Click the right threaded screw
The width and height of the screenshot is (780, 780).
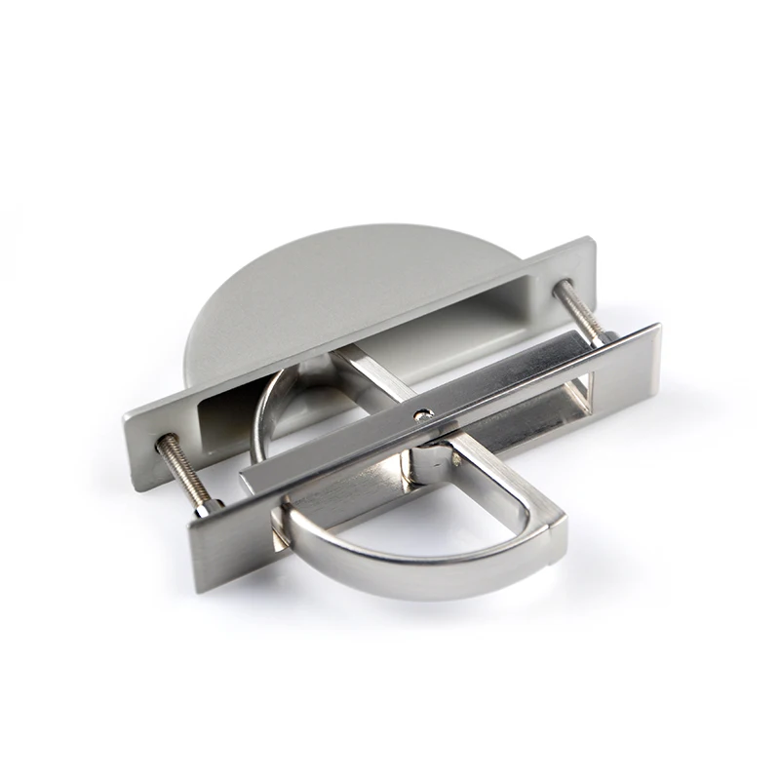coord(582,310)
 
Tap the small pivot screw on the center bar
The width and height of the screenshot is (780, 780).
coord(421,413)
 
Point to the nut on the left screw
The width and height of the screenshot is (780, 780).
coord(207,505)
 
